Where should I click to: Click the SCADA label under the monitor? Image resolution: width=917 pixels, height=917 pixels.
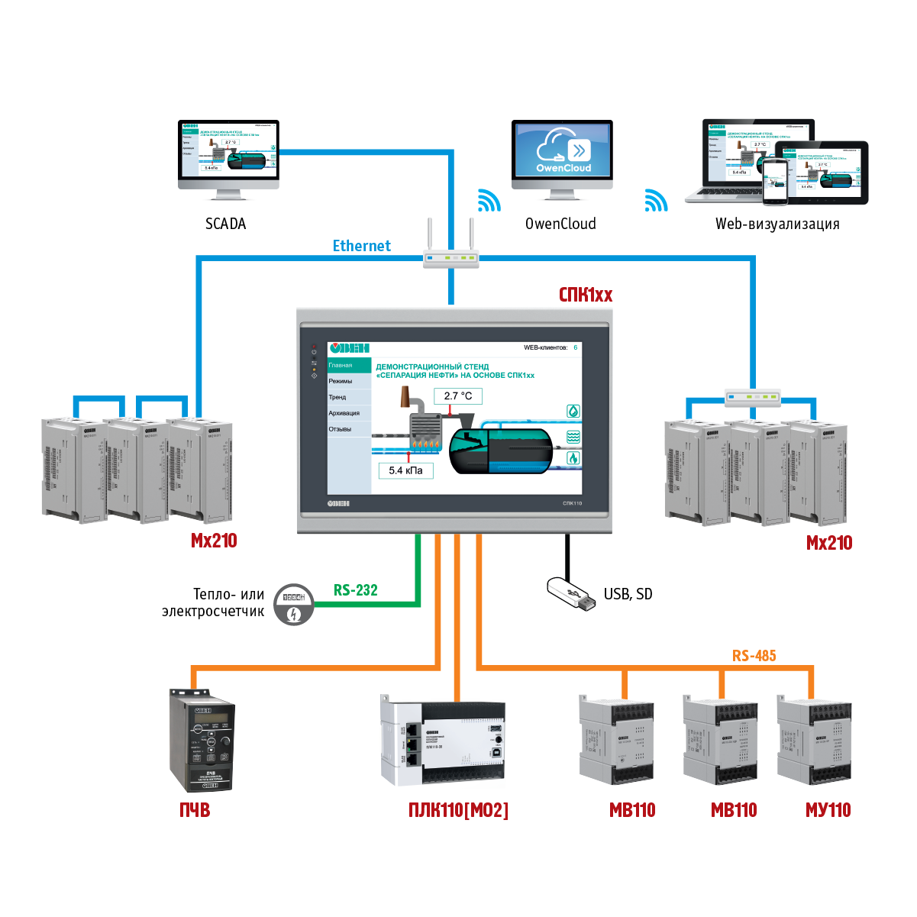point(225,224)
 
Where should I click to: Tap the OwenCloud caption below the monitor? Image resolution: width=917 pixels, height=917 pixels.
point(560,224)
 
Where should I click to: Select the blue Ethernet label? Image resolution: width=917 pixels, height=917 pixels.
point(361,246)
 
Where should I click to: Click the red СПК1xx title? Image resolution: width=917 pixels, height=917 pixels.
point(586,295)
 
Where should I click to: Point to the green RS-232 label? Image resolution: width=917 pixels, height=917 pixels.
point(355,590)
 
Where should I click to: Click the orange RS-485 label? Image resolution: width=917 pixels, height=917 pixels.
point(754,656)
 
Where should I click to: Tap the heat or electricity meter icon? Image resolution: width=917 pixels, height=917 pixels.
point(293,605)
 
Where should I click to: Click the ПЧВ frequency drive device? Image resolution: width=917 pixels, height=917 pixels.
point(201,741)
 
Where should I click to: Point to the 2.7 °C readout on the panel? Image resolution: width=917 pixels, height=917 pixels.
point(458,396)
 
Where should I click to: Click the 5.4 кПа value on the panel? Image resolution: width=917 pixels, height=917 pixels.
point(405,470)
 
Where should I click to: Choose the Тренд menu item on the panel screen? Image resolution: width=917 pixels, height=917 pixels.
point(337,397)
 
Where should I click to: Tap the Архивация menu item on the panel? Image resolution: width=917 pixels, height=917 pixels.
point(344,413)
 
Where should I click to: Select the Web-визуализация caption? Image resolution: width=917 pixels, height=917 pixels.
point(777,224)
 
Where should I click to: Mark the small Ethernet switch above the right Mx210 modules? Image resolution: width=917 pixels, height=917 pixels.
point(753,396)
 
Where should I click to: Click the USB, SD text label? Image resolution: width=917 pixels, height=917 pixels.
point(628,594)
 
